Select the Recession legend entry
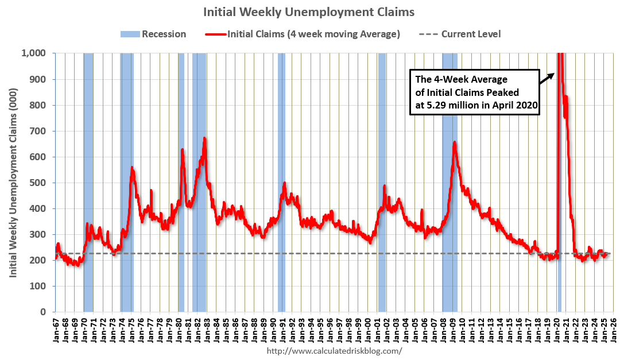[153, 34]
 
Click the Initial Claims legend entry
[302, 34]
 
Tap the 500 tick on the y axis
[40, 183]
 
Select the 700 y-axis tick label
[40, 131]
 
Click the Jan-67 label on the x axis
[56, 332]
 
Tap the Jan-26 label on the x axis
[613, 332]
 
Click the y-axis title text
[12, 183]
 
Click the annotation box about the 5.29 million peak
[474, 92]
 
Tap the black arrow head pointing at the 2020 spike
[552, 73]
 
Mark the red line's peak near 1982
[204, 138]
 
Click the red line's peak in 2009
[455, 142]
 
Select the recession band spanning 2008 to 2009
[449, 230]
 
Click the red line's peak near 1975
[132, 168]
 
